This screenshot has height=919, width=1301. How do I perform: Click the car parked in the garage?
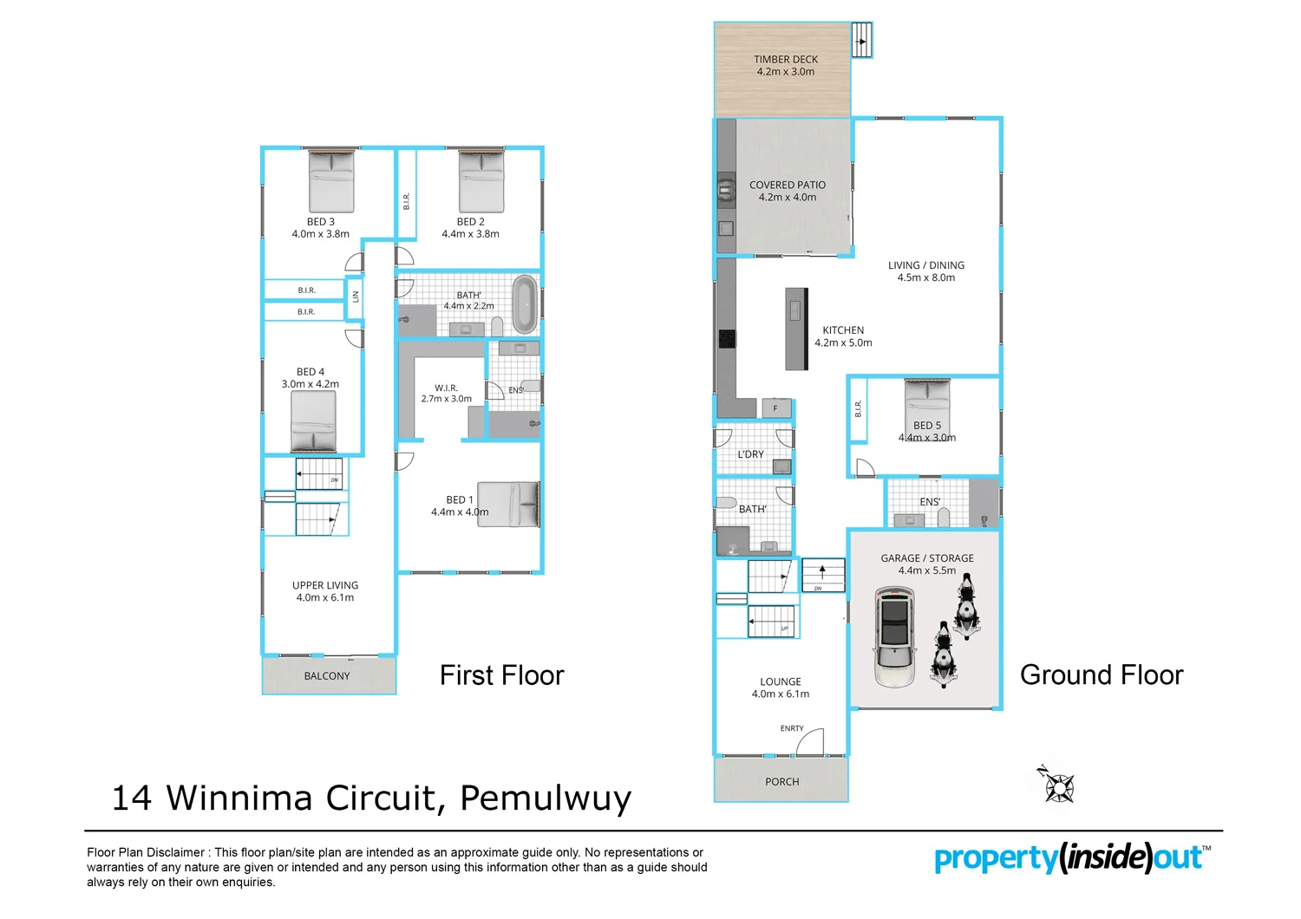tap(895, 636)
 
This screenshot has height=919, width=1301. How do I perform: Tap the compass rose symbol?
tap(1057, 785)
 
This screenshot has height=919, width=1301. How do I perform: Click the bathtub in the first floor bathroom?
tap(524, 304)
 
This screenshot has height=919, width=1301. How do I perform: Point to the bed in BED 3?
tap(331, 181)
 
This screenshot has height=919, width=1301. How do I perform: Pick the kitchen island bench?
tap(796, 329)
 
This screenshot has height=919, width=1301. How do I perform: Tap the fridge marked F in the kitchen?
tap(775, 407)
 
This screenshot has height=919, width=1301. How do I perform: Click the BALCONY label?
tap(327, 675)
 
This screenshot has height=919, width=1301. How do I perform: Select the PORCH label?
tap(781, 781)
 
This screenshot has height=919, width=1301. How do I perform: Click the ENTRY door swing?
tap(811, 742)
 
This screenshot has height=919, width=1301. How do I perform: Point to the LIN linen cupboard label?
tap(355, 297)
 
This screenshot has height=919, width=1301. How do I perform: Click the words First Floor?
tap(501, 675)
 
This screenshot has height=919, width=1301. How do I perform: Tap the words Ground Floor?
tap(1101, 675)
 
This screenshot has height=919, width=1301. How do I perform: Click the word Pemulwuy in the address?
tap(546, 798)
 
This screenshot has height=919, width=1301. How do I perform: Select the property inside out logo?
tap(1071, 857)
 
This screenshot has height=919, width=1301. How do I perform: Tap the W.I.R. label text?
tap(446, 388)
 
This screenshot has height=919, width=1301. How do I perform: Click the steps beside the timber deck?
tap(861, 40)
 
